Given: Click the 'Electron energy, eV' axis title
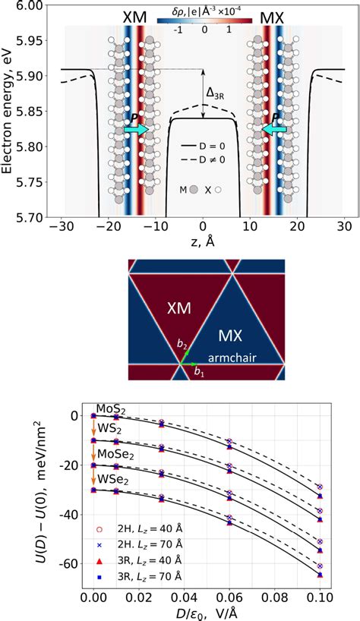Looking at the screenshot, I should [9, 110].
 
